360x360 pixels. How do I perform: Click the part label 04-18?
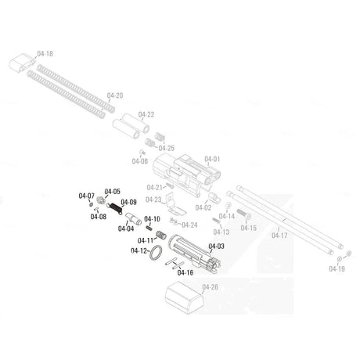pos(45,54)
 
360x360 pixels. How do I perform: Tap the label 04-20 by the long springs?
pos(115,95)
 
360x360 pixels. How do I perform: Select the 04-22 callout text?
pos(146,114)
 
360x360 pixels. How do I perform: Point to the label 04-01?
pos(212,159)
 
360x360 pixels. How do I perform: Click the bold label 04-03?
pos(216,246)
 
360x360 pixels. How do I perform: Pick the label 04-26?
pos(210,287)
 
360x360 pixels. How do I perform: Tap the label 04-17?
pos(279,236)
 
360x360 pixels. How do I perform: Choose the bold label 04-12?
pos(139,251)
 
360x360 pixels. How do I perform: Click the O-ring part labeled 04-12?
pos(156,253)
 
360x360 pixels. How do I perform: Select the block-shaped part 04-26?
pos(184,297)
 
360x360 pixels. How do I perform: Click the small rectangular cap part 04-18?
pos(22,63)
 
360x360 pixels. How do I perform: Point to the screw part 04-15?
pos(243,214)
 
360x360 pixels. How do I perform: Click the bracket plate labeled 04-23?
pos(175,205)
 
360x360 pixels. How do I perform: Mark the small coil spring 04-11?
pos(161,235)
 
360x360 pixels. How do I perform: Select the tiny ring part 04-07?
pos(91,204)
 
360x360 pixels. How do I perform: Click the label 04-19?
pos(337,269)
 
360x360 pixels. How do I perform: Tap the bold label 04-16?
pos(185,272)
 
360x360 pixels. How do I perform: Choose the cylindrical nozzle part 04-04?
pos(133,218)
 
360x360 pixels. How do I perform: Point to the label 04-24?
pos(189,225)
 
